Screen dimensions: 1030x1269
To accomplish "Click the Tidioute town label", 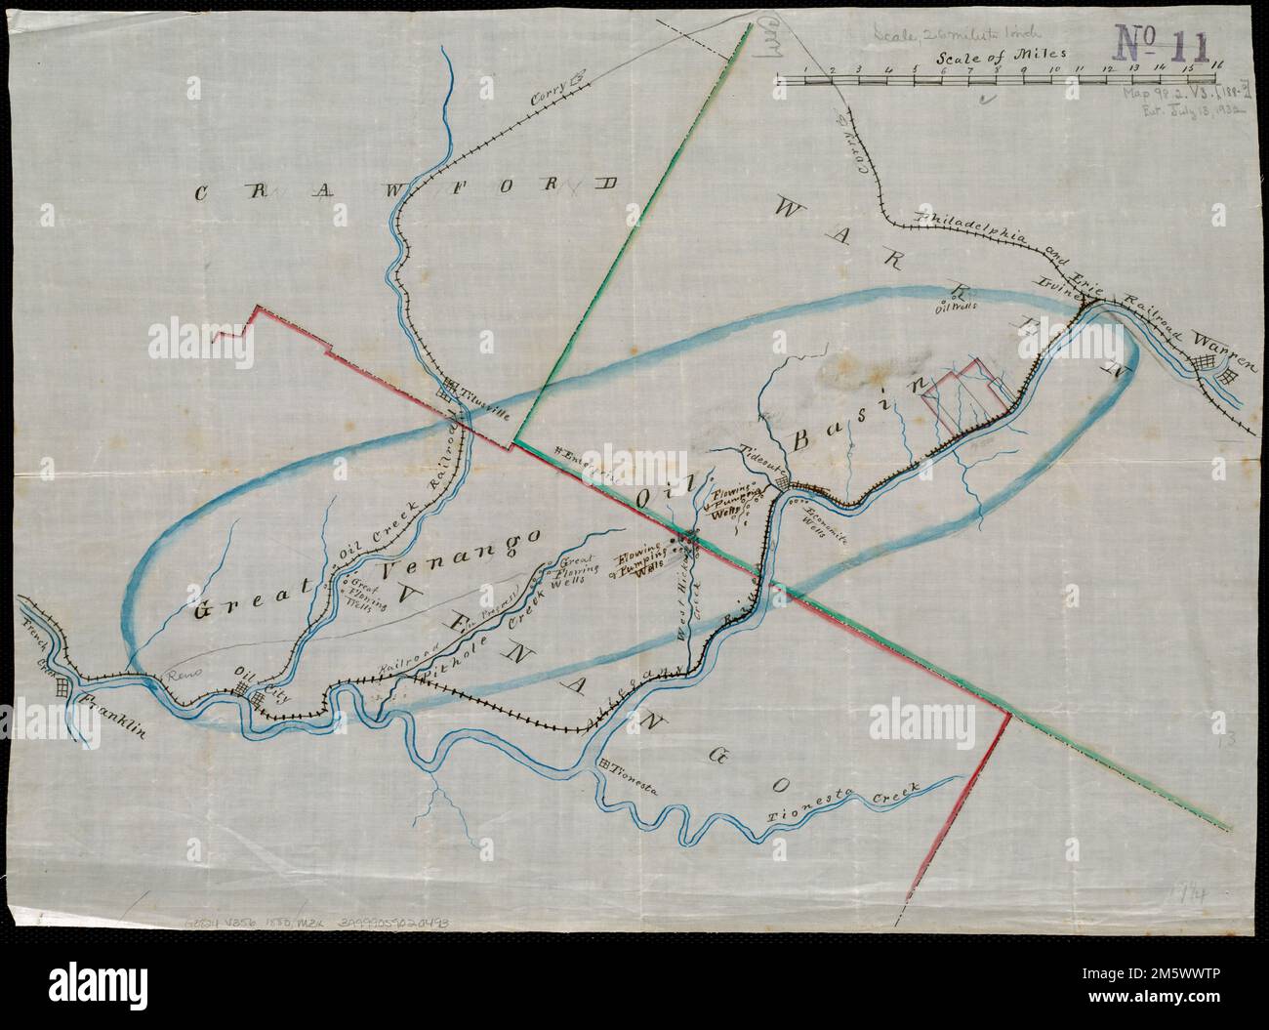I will point(765,460).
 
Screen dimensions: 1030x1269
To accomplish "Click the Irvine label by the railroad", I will point(1061,289).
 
